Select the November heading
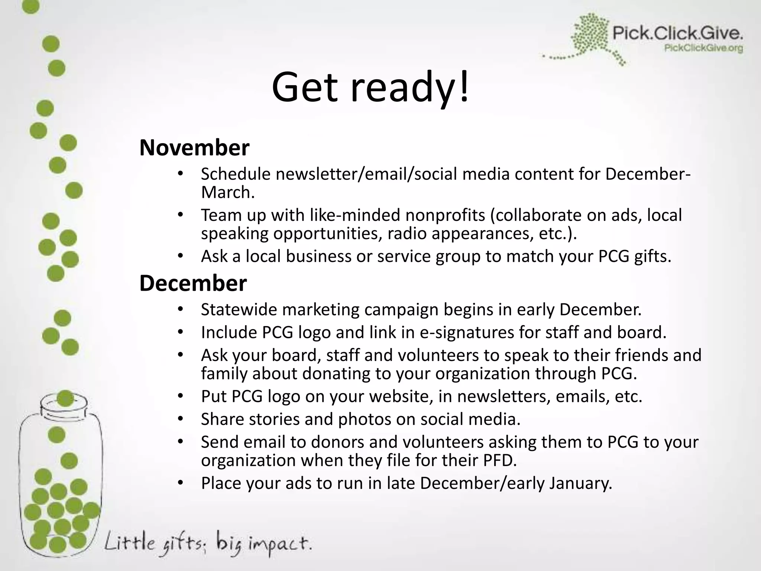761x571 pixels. (x=194, y=148)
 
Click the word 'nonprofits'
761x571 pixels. (x=445, y=215)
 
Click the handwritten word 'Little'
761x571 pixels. (x=129, y=543)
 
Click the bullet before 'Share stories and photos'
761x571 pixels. (x=181, y=419)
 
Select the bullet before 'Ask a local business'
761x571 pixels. (x=181, y=257)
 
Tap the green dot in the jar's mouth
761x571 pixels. (x=65, y=399)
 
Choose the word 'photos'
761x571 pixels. (x=365, y=419)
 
